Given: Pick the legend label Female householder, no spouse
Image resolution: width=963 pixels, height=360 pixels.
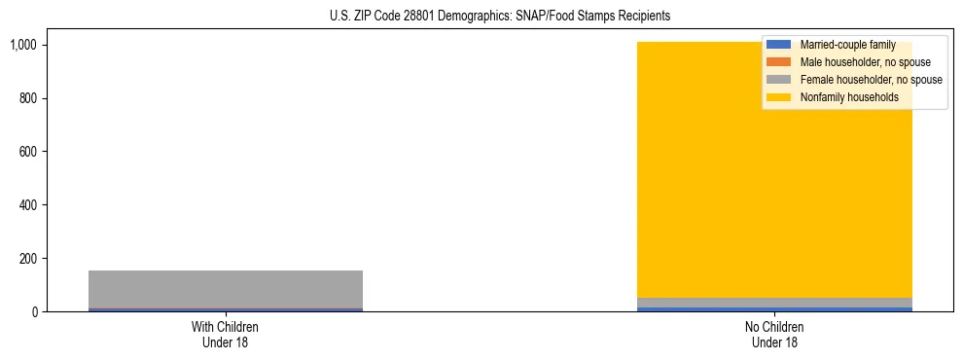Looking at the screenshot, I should pos(871,80).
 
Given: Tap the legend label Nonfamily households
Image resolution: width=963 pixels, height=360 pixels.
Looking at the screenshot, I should pos(849,97).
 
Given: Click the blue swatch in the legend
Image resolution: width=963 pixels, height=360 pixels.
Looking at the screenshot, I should pos(780,45).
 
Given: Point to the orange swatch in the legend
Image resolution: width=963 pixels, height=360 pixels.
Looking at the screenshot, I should pos(780,62).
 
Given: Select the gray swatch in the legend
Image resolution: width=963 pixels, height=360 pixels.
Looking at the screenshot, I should pos(780,80).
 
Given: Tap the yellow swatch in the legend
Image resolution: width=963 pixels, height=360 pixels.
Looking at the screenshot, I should pos(780,97).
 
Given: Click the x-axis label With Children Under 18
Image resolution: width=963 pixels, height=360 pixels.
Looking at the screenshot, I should pos(226,334).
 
